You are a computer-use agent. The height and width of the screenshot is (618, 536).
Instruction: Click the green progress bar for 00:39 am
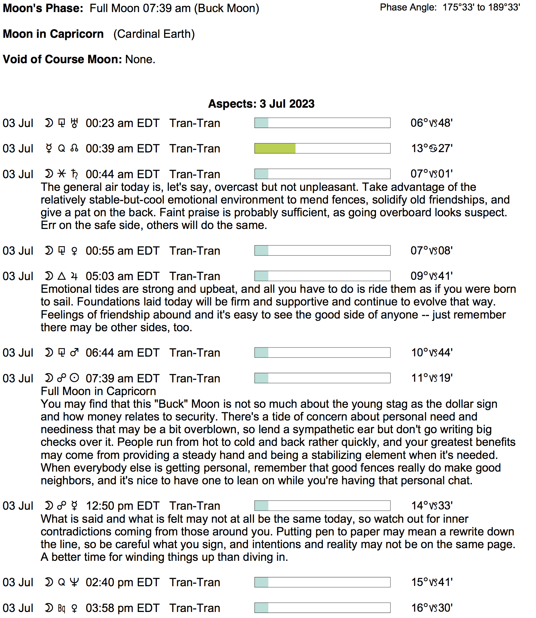(x=275, y=148)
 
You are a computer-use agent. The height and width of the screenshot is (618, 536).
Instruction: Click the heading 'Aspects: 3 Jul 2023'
(x=261, y=104)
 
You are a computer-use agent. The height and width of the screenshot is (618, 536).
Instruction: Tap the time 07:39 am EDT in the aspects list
(x=122, y=378)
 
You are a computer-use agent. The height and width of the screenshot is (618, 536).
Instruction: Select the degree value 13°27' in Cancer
(x=432, y=148)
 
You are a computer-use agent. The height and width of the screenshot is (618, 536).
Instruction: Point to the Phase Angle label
(x=408, y=7)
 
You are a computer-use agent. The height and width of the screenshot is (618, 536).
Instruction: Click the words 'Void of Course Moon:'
(x=63, y=59)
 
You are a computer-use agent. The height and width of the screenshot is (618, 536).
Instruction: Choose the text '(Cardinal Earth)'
(x=154, y=34)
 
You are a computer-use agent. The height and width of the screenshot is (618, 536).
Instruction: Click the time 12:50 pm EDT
(x=122, y=506)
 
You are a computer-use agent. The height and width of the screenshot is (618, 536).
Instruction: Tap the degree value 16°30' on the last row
(x=432, y=608)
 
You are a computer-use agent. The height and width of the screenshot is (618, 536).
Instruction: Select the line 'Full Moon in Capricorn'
(x=98, y=391)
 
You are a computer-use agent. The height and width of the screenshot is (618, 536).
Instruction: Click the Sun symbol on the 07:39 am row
(x=74, y=378)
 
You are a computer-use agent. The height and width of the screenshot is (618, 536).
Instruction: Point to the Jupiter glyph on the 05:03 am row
(x=74, y=276)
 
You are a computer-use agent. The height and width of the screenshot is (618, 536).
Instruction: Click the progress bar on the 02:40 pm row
(x=322, y=582)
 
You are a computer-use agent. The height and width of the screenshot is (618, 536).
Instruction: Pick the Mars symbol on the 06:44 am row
(x=74, y=353)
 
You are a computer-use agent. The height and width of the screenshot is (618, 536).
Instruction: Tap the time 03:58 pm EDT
(x=122, y=608)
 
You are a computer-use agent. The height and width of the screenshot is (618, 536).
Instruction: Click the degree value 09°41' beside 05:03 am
(x=432, y=276)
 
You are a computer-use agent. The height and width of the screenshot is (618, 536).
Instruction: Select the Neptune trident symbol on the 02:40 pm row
(x=74, y=582)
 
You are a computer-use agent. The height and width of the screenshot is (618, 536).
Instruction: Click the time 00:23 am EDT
(x=122, y=123)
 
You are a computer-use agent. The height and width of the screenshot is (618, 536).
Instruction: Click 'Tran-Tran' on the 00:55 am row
(x=195, y=251)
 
